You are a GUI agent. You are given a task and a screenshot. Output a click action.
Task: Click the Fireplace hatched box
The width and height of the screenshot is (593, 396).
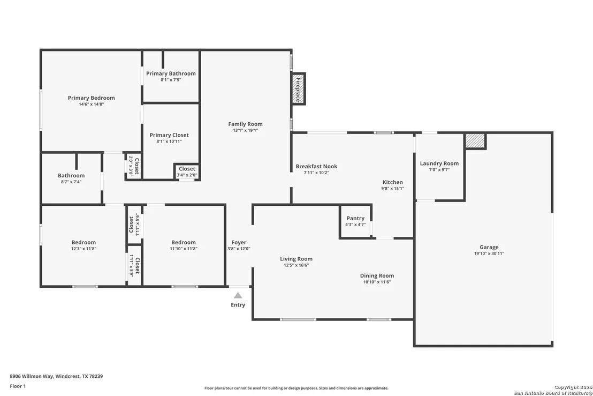[299, 89]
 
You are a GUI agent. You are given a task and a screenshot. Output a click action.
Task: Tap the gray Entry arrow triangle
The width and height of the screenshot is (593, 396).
[238, 295]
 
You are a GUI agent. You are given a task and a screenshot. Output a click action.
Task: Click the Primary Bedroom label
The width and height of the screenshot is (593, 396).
[91, 98]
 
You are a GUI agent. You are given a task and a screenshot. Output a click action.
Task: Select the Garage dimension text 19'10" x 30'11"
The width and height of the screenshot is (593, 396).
[489, 253]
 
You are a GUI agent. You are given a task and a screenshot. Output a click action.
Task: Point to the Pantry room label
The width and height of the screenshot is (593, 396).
[355, 218]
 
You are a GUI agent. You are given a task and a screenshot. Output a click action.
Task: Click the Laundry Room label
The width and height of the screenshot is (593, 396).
[439, 163]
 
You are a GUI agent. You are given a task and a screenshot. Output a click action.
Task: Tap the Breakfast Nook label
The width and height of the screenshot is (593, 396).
[316, 166]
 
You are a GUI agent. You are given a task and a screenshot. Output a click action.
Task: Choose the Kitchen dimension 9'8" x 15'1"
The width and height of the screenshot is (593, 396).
[392, 189]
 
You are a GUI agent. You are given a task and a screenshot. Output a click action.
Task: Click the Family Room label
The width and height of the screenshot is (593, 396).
[245, 124]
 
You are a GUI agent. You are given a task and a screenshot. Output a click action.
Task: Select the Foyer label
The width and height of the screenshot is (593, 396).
[239, 242]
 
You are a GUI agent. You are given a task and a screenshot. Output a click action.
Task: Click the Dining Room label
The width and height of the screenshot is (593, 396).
[377, 275]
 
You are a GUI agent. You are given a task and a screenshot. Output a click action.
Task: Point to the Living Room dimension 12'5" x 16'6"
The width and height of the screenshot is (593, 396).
[296, 265]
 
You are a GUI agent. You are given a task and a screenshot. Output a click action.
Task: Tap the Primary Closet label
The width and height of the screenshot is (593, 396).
[169, 135]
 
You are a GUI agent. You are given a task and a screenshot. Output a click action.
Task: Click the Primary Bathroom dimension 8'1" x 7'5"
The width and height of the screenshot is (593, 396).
[171, 80]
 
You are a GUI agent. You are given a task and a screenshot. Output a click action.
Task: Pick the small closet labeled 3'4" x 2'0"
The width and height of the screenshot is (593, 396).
[187, 171]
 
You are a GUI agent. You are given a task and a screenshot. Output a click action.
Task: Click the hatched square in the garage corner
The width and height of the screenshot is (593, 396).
[475, 140]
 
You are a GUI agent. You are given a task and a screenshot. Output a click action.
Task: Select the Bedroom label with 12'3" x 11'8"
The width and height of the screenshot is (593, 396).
[83, 242]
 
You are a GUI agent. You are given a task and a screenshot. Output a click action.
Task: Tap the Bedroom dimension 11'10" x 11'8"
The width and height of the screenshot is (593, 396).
[184, 249]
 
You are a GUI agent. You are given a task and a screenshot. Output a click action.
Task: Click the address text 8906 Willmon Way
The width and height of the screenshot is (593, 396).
[32, 376]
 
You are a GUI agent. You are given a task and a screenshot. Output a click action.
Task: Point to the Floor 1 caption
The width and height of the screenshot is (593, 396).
[18, 386]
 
